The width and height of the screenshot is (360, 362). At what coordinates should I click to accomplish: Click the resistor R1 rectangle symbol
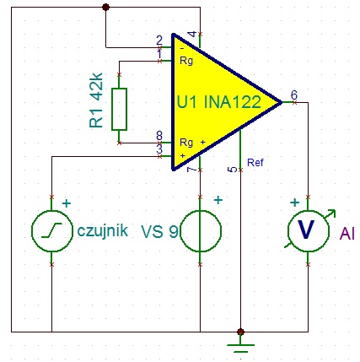(119, 108)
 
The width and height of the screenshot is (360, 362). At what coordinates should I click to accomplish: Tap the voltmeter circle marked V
(308, 229)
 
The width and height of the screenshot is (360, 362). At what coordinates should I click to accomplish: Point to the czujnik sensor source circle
(51, 230)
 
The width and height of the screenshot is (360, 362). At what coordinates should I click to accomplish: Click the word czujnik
(101, 230)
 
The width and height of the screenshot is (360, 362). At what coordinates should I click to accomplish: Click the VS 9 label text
(159, 230)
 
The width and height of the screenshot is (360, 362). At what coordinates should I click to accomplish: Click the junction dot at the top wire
(105, 7)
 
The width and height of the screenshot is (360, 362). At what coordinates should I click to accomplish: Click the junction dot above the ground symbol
(240, 332)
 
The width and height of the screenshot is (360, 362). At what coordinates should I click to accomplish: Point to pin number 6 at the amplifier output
(293, 95)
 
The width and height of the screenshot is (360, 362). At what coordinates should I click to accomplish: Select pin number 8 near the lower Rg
(159, 135)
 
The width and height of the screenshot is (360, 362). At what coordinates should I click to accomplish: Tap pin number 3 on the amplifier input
(159, 149)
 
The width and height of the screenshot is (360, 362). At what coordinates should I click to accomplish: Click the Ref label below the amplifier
(255, 162)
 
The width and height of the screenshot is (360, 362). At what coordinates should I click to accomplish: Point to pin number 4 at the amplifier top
(192, 34)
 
